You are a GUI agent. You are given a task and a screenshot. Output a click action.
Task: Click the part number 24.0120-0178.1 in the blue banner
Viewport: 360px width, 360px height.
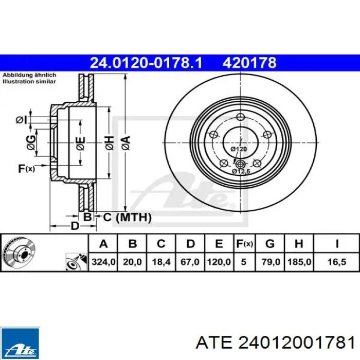[146, 63]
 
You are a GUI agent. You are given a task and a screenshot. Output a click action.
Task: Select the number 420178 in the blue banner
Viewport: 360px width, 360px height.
[249, 63]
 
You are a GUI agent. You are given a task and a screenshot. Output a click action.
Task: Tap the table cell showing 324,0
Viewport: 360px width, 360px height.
[103, 262]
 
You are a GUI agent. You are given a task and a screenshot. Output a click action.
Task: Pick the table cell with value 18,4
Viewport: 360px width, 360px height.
[161, 262]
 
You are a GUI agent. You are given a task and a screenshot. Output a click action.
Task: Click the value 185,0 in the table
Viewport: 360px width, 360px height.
[299, 262]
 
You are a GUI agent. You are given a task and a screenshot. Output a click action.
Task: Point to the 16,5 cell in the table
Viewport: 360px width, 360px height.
[336, 262]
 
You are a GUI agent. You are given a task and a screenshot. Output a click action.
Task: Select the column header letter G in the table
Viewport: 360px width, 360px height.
[270, 244]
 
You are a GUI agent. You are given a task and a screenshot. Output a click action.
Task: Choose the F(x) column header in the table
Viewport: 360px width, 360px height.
[244, 244]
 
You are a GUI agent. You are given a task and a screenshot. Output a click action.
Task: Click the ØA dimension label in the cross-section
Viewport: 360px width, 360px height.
[126, 143]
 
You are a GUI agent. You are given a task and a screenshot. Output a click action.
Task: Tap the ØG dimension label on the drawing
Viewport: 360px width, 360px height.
[31, 142]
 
